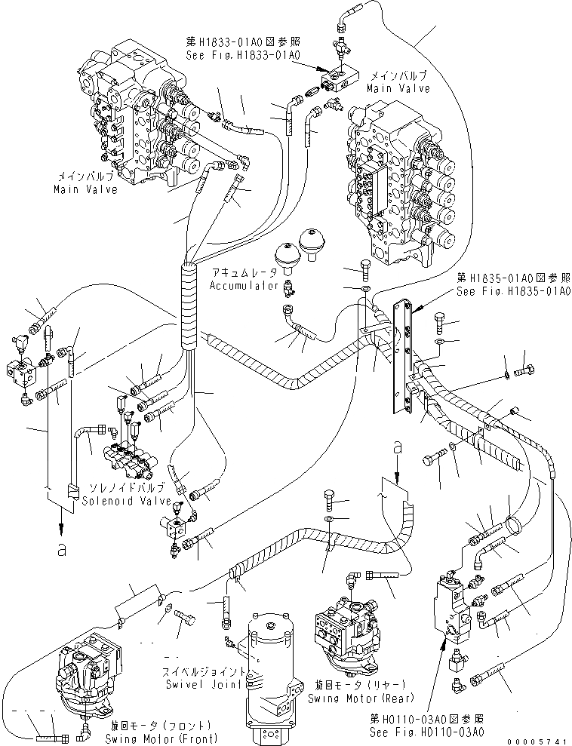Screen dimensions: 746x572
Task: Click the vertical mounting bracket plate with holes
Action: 402,355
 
